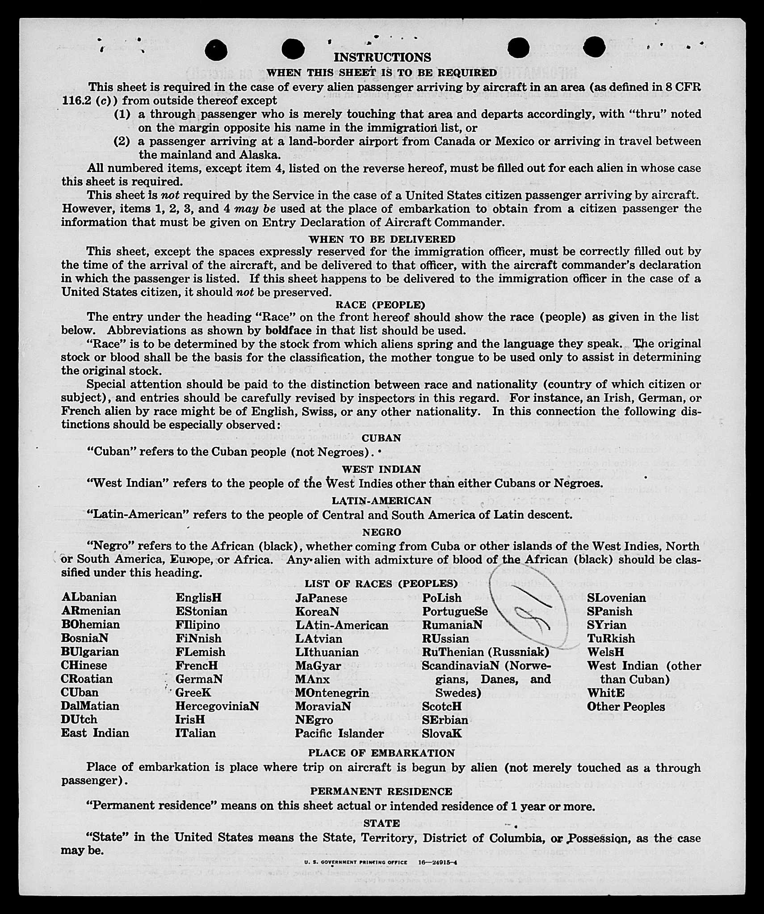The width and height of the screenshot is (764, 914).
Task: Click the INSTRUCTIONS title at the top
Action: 382,57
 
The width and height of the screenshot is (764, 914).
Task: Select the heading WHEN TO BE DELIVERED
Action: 382,239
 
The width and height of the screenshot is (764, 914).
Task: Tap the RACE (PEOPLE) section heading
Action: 380,305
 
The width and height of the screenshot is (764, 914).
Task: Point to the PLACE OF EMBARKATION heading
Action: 381,753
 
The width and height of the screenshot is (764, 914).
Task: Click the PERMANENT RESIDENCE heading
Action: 381,792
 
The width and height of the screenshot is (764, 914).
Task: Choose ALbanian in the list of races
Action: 89,598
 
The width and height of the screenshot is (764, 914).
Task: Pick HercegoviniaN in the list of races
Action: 217,706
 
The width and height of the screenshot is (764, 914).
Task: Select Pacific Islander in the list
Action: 339,733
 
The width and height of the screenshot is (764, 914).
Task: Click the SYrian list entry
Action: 606,625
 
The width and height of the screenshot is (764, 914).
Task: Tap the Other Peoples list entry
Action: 625,707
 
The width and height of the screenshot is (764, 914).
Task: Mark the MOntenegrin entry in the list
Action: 332,693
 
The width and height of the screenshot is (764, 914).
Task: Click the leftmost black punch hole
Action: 216,50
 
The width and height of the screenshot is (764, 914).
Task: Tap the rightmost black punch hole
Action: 594,47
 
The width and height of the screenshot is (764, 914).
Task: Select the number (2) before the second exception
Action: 122,142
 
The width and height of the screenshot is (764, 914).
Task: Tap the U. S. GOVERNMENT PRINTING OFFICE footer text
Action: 353,863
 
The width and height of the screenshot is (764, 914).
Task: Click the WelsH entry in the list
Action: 605,652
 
